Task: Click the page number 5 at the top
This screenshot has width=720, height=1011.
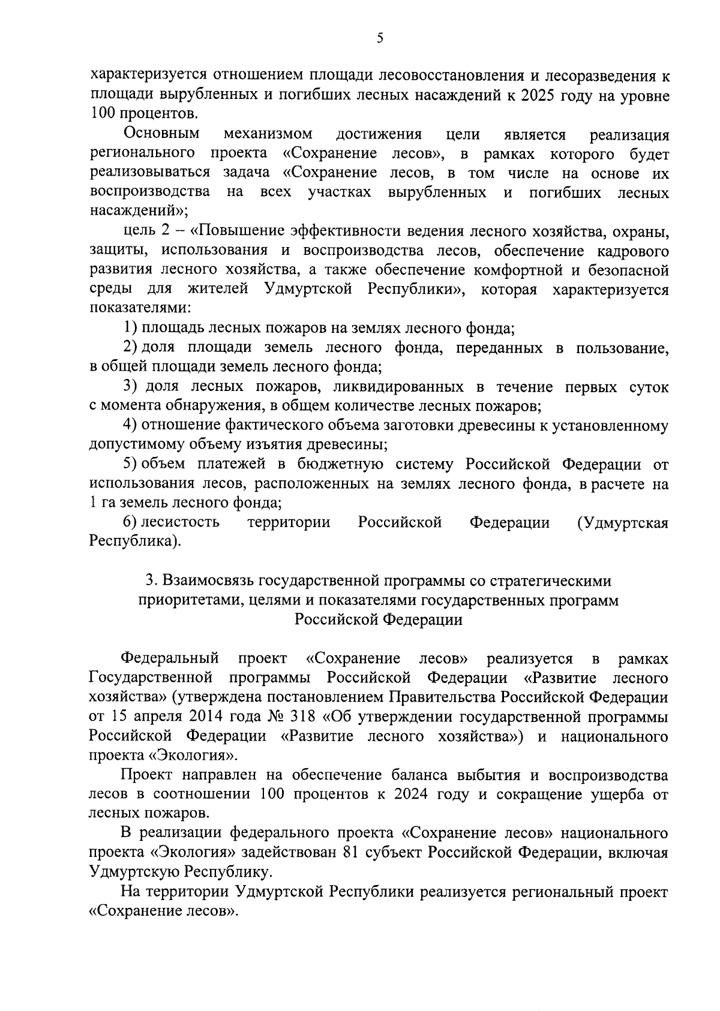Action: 379,39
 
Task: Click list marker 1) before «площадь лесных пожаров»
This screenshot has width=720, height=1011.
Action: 131,329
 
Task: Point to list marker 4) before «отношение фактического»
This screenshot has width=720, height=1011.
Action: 131,426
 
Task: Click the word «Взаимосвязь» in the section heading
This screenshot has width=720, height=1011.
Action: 208,581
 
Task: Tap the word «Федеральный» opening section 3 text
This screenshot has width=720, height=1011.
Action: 170,659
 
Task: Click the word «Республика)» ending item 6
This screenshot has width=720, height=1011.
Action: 135,542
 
